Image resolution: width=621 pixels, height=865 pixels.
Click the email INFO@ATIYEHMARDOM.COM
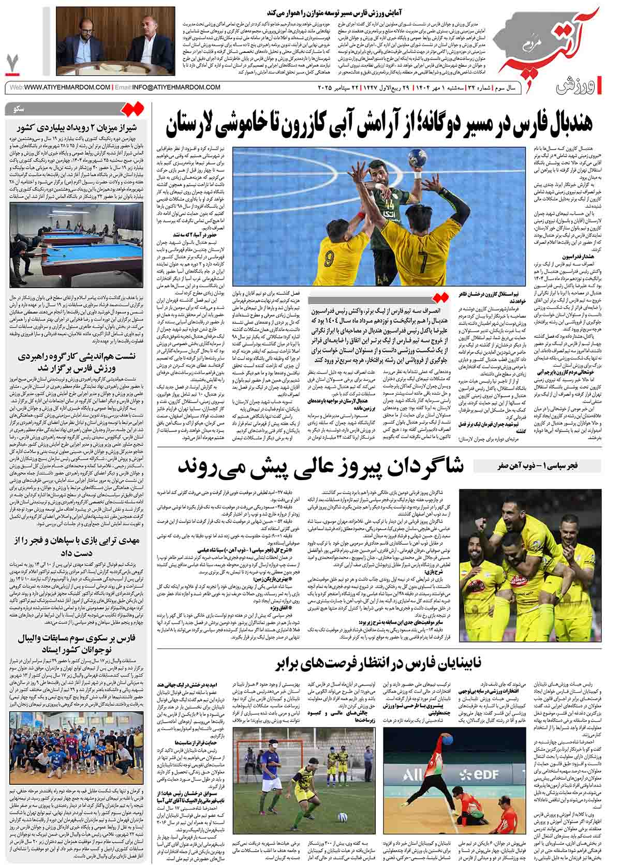(x=168, y=87)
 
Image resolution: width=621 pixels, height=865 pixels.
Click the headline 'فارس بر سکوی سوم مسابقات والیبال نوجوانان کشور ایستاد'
(x=76, y=645)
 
